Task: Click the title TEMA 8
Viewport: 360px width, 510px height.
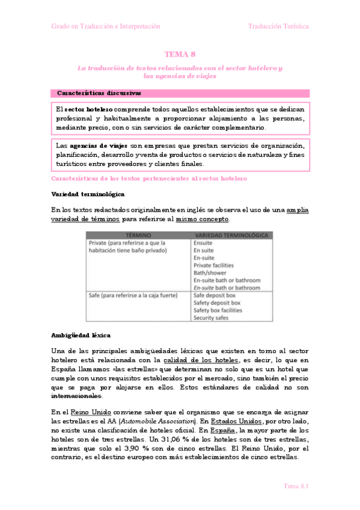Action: pos(180,54)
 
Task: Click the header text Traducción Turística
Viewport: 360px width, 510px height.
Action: pos(278,26)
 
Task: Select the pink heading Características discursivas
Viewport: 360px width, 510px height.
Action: pos(99,93)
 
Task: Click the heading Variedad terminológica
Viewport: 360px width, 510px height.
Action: pos(88,194)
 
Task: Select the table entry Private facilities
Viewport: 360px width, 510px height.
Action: pos(213,265)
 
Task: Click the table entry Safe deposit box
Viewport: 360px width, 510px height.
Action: pos(216,295)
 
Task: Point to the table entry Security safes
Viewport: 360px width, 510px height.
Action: pos(210,318)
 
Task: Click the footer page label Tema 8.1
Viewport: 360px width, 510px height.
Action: pos(296,485)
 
